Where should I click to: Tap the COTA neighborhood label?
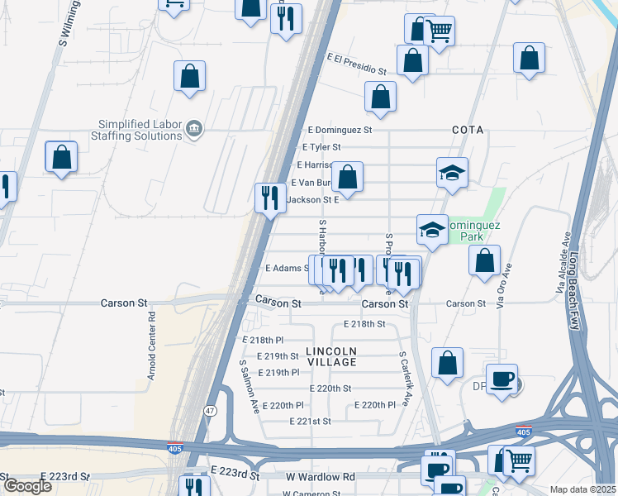click(x=467, y=130)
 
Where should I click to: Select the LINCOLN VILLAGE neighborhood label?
click(x=331, y=356)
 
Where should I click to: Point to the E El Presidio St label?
click(x=357, y=64)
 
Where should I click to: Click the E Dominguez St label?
click(x=340, y=130)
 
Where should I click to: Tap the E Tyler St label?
click(x=321, y=147)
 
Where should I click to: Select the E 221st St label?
click(x=310, y=421)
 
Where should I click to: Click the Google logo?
click(x=27, y=485)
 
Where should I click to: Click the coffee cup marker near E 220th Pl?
click(x=502, y=379)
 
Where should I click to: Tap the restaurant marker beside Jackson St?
click(x=270, y=198)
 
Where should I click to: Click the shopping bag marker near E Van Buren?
click(x=348, y=177)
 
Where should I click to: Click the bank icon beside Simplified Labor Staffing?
click(x=193, y=129)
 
